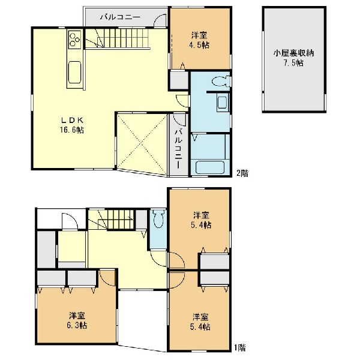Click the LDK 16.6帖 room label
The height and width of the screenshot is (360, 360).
click(72, 125)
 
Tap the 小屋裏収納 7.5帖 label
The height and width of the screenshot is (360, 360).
click(293, 58)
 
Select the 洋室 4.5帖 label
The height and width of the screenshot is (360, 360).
click(200, 40)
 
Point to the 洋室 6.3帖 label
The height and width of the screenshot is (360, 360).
click(77, 320)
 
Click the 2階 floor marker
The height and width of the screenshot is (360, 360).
click(242, 173)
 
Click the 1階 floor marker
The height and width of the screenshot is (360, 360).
click(240, 348)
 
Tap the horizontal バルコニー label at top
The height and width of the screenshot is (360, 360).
click(121, 17)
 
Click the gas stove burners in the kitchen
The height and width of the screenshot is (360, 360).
click(74, 40)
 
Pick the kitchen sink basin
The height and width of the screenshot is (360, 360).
click(74, 73)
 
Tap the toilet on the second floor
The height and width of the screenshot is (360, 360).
click(220, 81)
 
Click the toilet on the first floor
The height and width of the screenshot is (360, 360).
click(158, 218)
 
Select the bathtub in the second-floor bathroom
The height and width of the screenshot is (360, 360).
click(209, 167)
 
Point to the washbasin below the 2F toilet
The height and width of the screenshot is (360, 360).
click(223, 103)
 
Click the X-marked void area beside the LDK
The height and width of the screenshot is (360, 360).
click(142, 144)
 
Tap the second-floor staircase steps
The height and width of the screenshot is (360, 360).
click(118, 38)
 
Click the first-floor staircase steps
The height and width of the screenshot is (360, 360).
click(111, 220)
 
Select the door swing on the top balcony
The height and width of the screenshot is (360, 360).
click(160, 20)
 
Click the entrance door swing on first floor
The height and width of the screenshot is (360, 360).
click(70, 221)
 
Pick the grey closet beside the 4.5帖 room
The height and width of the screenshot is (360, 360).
click(179, 80)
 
